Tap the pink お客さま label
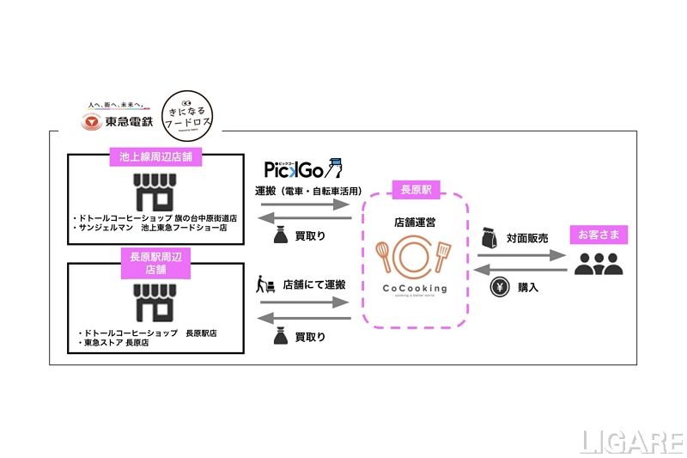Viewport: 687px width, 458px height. click(x=599, y=235)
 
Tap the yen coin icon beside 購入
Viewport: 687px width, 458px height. click(x=498, y=287)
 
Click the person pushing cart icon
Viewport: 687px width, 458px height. click(x=265, y=284)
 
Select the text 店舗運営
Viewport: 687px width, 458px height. click(x=415, y=223)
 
